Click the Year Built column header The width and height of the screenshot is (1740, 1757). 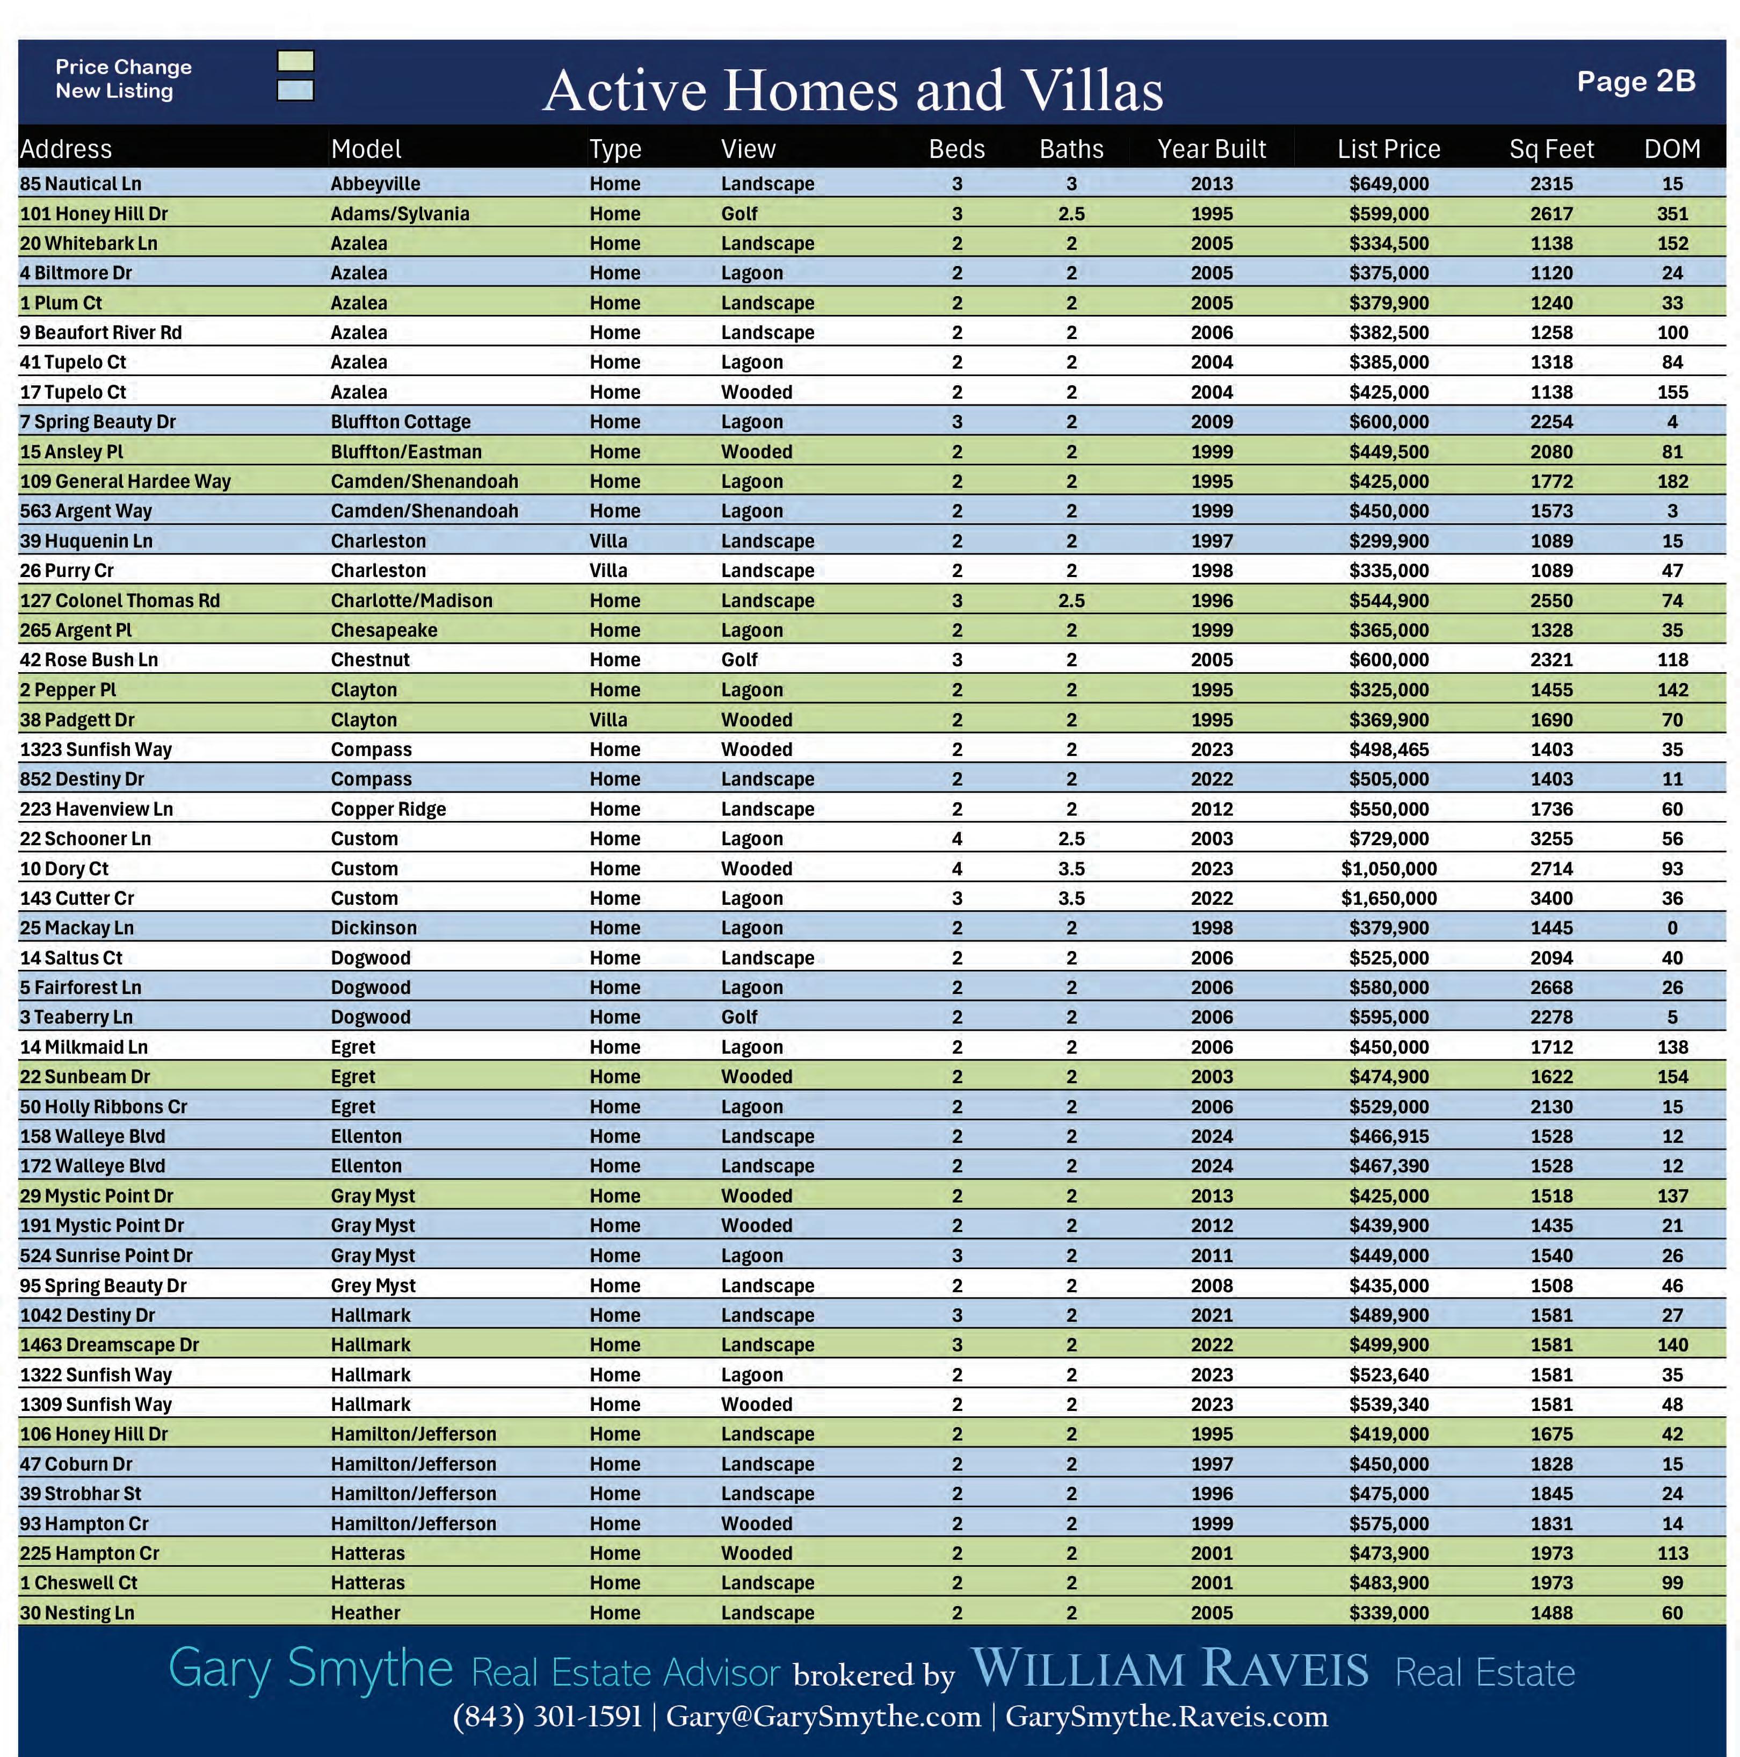pos(1211,149)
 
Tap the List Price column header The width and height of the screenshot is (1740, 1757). pos(1388,149)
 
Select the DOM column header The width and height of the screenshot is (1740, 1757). pos(1672,149)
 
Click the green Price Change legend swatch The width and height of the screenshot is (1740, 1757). pos(295,61)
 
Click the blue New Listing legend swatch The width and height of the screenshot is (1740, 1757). pos(295,90)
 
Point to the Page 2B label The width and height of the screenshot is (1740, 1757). pos(1635,82)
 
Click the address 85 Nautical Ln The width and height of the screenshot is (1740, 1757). pos(81,184)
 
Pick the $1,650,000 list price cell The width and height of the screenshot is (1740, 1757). pos(1388,898)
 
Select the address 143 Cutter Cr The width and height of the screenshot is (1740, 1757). pos(77,898)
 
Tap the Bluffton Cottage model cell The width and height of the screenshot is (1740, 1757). pos(401,422)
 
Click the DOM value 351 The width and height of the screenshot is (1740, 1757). pos(1672,214)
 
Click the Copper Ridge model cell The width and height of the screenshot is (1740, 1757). pos(388,809)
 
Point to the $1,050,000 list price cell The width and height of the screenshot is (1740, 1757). pos(1388,868)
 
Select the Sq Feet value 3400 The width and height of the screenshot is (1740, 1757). pos(1551,898)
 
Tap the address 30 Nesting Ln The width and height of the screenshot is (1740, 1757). pos(77,1612)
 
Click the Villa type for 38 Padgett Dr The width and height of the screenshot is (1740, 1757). pos(608,719)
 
